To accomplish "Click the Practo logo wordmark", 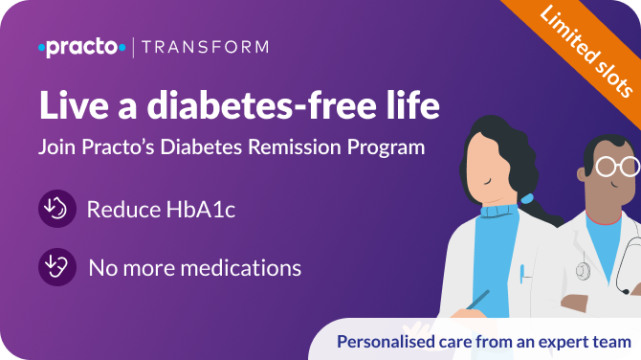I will (x=81, y=47).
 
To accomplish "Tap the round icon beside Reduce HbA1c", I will (x=56, y=209).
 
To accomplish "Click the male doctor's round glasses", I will (x=616, y=166).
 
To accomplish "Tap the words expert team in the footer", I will (x=587, y=342).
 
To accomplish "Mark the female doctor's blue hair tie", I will (x=526, y=196).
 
